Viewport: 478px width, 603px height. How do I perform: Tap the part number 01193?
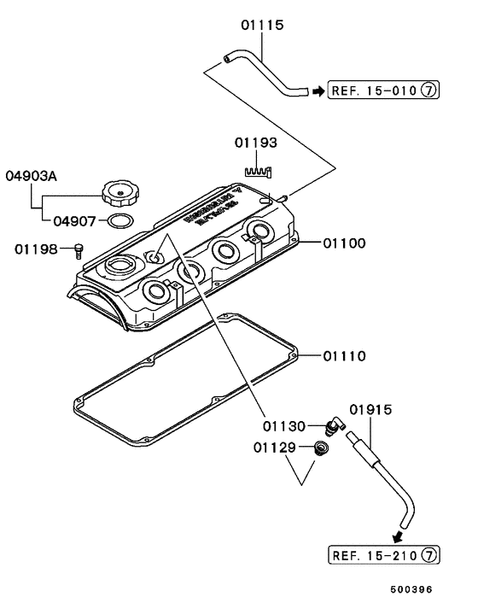click(x=254, y=142)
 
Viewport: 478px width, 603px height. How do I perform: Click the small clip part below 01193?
click(x=257, y=173)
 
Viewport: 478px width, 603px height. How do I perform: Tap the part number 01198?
click(x=36, y=249)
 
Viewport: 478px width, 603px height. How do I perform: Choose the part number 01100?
click(x=344, y=243)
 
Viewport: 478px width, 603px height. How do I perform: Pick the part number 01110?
click(x=344, y=354)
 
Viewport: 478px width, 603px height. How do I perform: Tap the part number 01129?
click(x=275, y=448)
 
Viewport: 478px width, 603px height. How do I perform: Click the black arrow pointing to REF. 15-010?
click(x=317, y=90)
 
